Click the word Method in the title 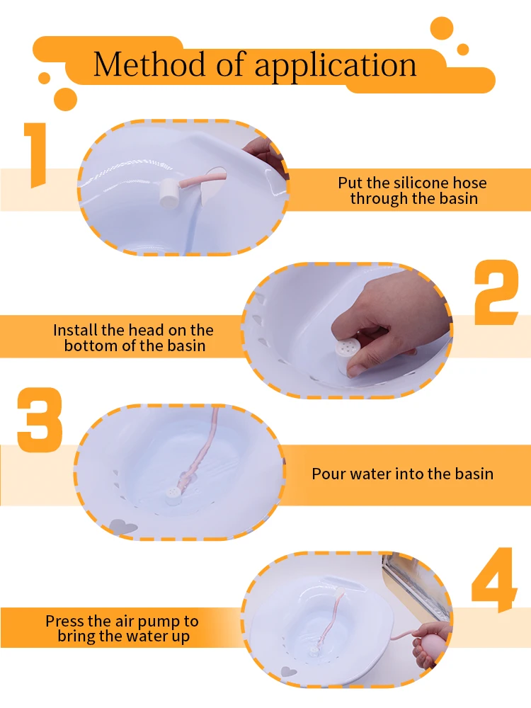pyautogui.click(x=149, y=64)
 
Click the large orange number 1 pyautogui.click(x=35, y=155)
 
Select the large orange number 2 pyautogui.click(x=496, y=292)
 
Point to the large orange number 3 pyautogui.click(x=40, y=419)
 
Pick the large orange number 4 pyautogui.click(x=494, y=580)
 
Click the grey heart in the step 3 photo pyautogui.click(x=122, y=526)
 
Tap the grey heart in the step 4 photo pyautogui.click(x=289, y=671)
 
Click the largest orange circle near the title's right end pyautogui.click(x=442, y=28)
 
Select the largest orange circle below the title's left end pyautogui.click(x=65, y=99)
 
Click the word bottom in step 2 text pyautogui.click(x=88, y=346)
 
